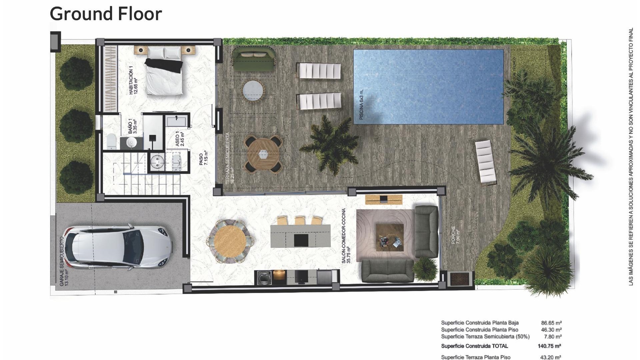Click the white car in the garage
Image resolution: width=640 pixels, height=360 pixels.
(x=118, y=247)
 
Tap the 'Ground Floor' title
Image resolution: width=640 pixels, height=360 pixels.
(x=106, y=14)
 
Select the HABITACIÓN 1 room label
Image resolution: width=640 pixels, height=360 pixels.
(x=133, y=80)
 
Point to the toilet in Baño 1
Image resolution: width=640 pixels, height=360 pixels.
(x=111, y=141)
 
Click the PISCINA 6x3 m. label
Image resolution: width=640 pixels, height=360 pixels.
(x=362, y=104)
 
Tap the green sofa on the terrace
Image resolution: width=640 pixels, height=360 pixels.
(x=253, y=60)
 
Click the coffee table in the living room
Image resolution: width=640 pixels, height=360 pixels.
(x=390, y=237)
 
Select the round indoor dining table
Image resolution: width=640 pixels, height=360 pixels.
(x=230, y=241)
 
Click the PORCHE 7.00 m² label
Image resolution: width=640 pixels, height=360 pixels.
(x=455, y=235)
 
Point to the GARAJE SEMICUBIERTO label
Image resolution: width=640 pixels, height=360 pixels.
(x=64, y=261)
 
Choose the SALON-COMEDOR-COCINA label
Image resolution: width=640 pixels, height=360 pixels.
(x=346, y=236)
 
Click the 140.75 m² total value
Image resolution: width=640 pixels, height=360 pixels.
(x=549, y=346)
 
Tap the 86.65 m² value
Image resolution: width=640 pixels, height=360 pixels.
(x=551, y=323)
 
